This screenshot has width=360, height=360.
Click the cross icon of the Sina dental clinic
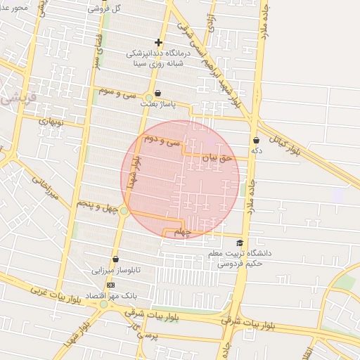pos(158,43)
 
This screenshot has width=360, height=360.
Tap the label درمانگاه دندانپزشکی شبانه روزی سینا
pos(158,58)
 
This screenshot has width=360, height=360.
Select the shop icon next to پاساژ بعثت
pos(157,93)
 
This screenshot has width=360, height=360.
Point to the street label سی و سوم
pos(117,93)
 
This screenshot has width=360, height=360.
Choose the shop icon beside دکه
pos(256,140)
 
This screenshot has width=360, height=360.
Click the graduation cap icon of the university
pos(240,243)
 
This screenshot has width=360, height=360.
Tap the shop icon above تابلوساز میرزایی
pos(116,259)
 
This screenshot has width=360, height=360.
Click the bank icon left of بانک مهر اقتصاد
pos(110,285)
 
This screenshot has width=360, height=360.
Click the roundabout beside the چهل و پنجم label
pos(124,210)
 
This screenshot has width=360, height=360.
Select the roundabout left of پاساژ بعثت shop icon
pos(149,98)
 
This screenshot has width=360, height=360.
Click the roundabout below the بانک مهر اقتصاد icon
pos(104,304)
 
